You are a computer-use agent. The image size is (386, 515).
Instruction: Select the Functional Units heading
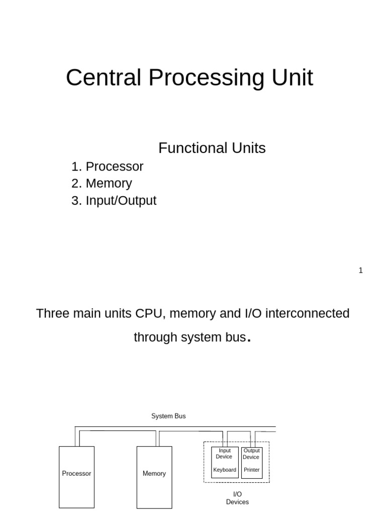click(212, 148)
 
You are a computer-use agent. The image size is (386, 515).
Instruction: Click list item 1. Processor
click(107, 166)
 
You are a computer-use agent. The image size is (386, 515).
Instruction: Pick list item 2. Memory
click(102, 184)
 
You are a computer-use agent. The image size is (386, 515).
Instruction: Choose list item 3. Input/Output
click(114, 201)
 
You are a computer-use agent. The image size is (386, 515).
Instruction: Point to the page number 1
click(360, 271)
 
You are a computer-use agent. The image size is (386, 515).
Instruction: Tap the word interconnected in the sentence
click(307, 314)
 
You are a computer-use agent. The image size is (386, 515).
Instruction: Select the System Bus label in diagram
click(168, 416)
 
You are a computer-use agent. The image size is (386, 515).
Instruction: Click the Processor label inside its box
click(76, 474)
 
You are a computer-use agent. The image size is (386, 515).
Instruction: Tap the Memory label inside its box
click(154, 474)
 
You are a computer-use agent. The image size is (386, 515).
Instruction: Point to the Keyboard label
click(225, 470)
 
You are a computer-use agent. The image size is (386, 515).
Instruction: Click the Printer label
click(252, 470)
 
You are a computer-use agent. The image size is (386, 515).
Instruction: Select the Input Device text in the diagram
click(224, 454)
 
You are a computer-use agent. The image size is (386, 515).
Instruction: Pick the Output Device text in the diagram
click(251, 454)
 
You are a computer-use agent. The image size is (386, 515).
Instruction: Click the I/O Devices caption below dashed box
click(237, 498)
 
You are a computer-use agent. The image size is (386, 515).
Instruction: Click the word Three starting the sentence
click(53, 314)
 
